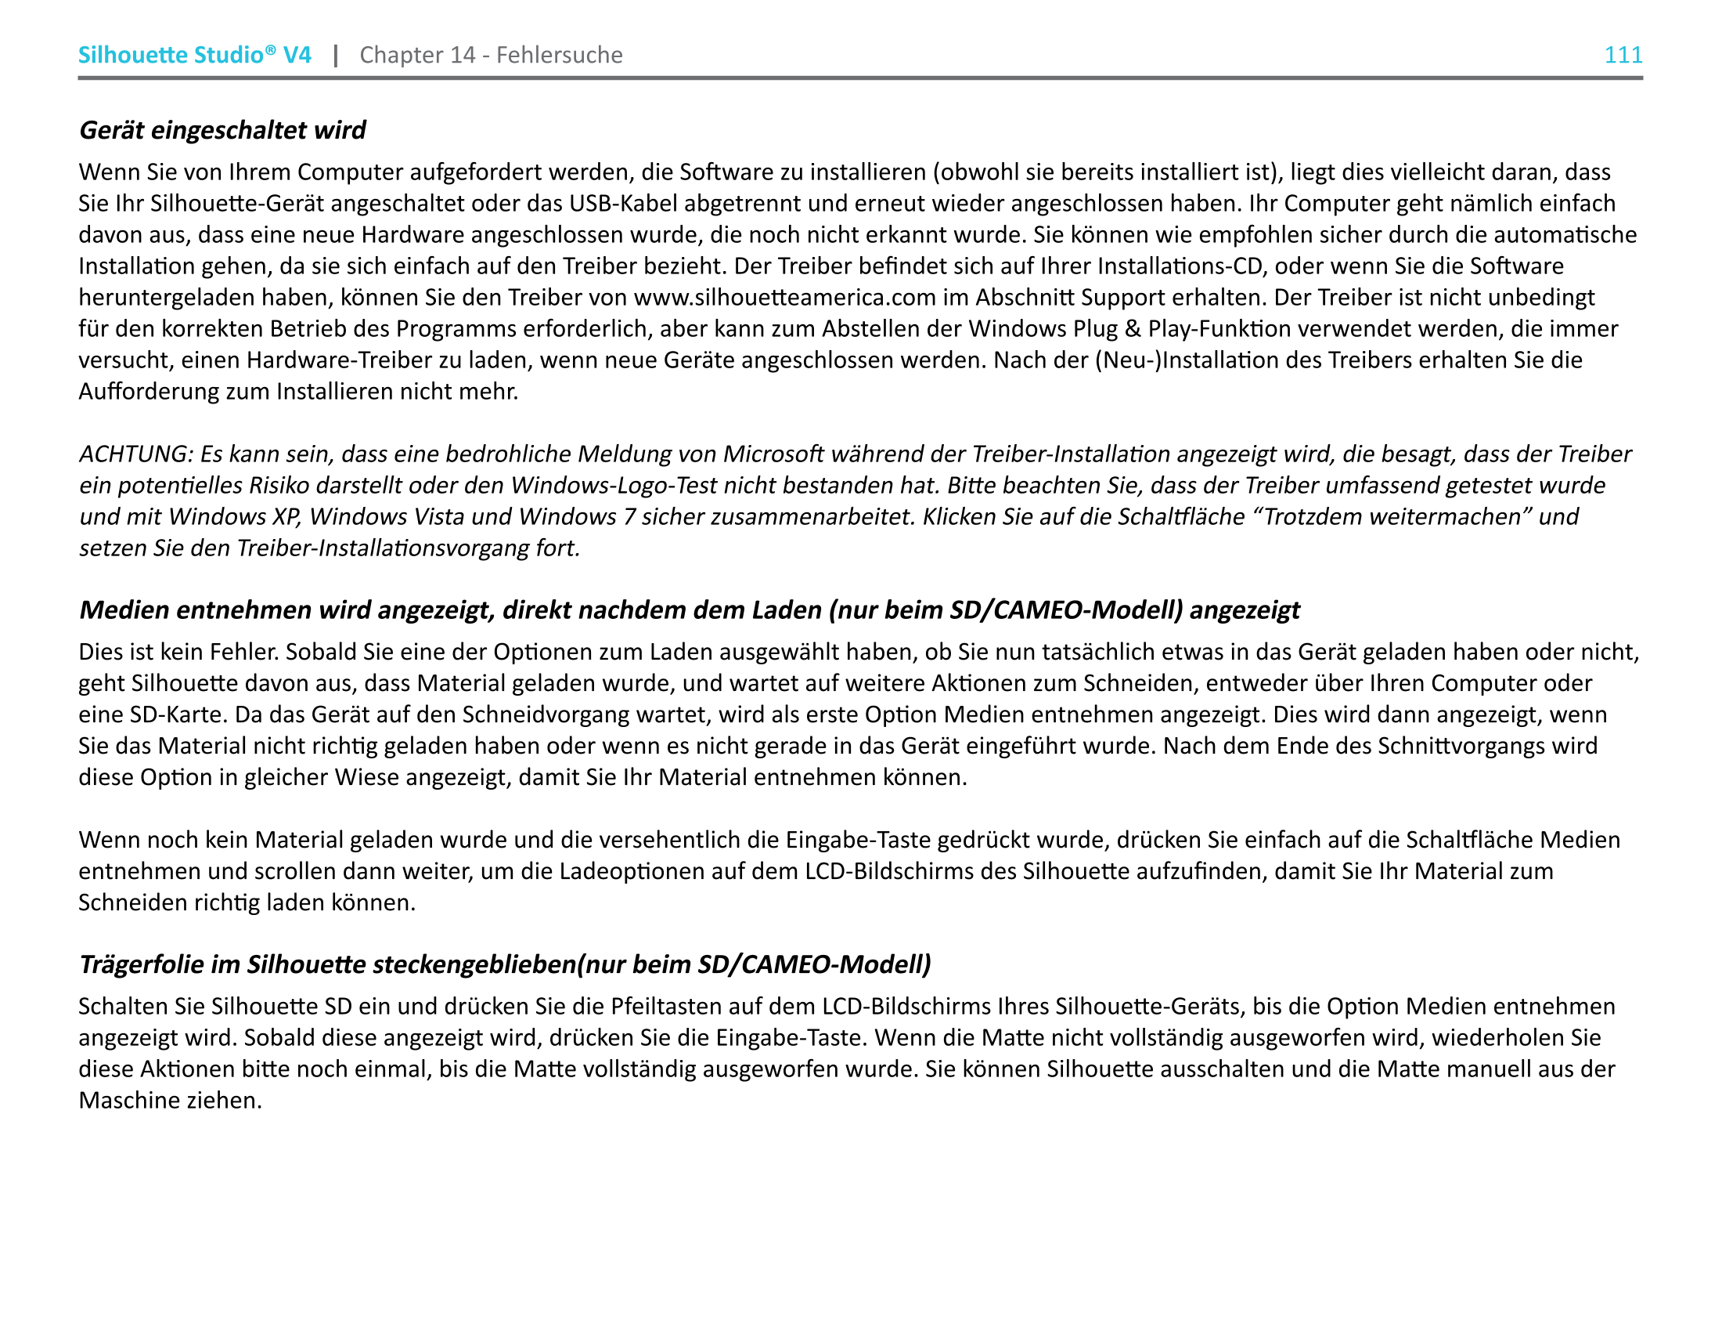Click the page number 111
click(1623, 55)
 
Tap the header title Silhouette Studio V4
click(194, 55)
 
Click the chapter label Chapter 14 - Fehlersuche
click(491, 55)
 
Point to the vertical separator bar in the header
click(336, 55)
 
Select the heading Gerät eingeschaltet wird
click(222, 130)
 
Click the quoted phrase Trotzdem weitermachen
click(1392, 517)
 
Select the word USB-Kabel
click(623, 204)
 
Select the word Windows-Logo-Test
click(603, 485)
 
